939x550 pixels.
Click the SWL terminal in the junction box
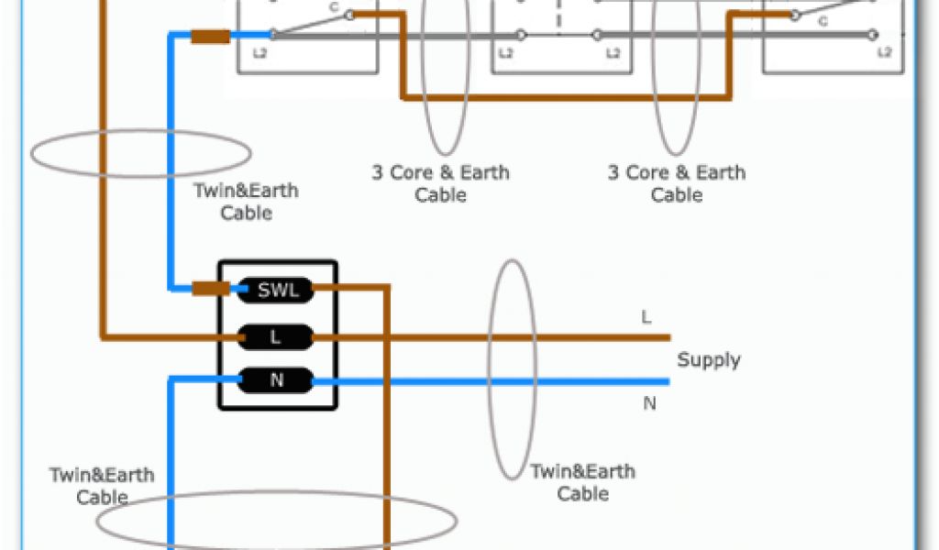tap(275, 291)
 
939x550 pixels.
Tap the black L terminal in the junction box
tap(275, 337)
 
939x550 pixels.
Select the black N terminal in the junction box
tap(275, 379)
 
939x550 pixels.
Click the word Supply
tap(708, 360)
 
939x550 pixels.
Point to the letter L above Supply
tap(646, 318)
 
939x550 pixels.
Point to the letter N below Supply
tap(649, 403)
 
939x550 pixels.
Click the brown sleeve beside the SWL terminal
tap(211, 290)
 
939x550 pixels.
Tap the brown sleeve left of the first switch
tap(210, 38)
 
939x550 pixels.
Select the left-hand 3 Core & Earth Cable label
tap(440, 183)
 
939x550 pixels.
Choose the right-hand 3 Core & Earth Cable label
tap(677, 183)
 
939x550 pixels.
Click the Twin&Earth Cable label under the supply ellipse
tap(583, 482)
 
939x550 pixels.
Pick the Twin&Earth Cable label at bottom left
tap(102, 487)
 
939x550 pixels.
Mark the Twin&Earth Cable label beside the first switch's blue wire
tap(246, 202)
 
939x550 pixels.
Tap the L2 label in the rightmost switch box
tap(884, 53)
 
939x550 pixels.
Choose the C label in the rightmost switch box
tap(822, 20)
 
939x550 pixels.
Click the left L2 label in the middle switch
tap(505, 54)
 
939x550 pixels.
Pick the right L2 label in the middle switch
tap(613, 54)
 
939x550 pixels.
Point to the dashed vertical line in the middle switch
tap(558, 18)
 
